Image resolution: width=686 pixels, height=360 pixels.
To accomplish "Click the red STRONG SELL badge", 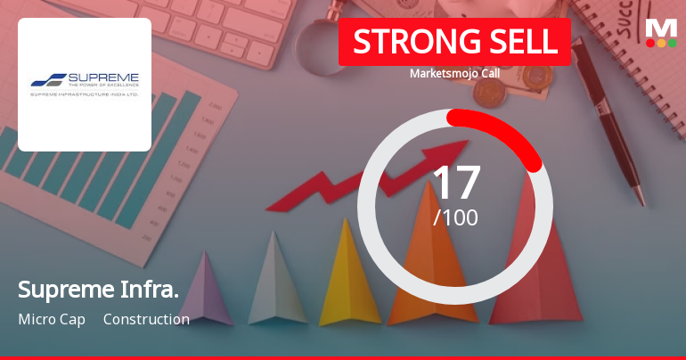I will click(454, 42).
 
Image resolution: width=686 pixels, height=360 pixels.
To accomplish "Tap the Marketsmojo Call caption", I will click(454, 73).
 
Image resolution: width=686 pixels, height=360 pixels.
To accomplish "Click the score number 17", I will click(455, 183).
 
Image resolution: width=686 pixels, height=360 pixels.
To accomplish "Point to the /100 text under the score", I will click(455, 217).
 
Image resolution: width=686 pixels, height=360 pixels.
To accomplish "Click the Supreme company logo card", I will click(85, 85).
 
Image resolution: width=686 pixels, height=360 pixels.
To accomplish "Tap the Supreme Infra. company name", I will click(98, 290).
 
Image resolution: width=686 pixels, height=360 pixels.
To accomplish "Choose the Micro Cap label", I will click(52, 319).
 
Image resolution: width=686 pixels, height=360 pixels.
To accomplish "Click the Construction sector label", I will click(146, 319).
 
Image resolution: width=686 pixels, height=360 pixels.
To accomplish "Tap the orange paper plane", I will click(419, 267).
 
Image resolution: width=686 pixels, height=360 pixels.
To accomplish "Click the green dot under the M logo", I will click(673, 43).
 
